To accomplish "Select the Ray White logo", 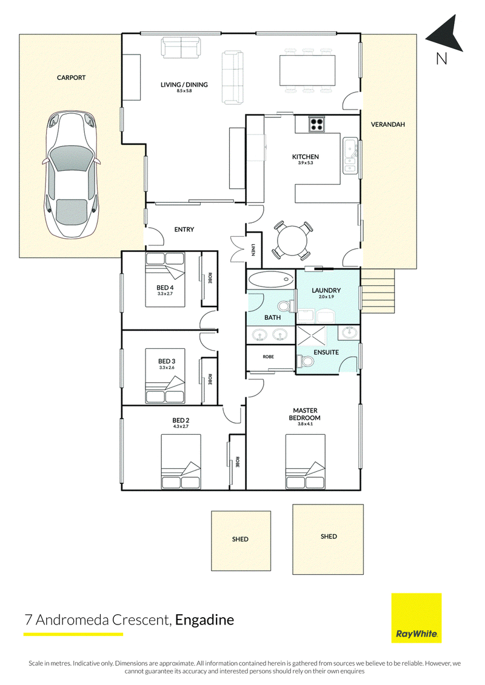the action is tap(416, 618).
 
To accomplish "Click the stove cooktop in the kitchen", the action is tap(316, 124).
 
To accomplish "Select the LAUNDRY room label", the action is tap(326, 290).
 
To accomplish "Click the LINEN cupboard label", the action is tap(253, 250).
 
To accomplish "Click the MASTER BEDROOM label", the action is tap(305, 414).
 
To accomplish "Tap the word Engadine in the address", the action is tap(205, 620).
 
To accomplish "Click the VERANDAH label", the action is tap(388, 125).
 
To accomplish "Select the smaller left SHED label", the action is tap(240, 539).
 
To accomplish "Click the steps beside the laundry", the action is tap(378, 291).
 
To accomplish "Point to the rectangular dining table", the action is tap(307, 70).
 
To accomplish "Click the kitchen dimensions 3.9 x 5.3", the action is tap(306, 163).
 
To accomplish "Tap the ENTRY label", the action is tap(184, 230).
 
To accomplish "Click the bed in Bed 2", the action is tap(181, 462).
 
